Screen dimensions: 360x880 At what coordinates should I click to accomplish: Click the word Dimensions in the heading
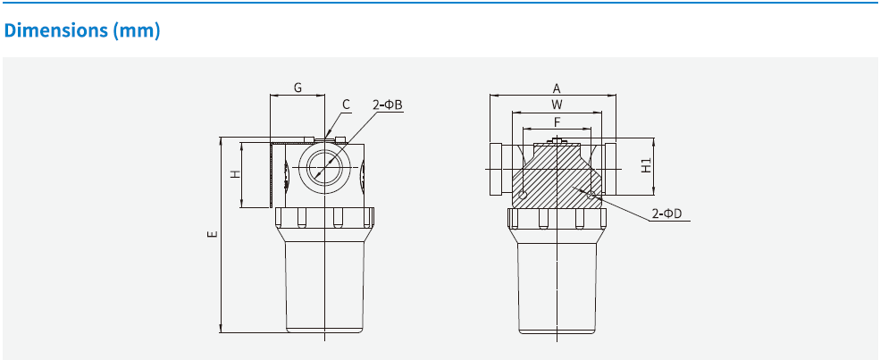pyautogui.click(x=55, y=30)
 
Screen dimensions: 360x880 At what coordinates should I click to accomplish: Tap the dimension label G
pyautogui.click(x=298, y=88)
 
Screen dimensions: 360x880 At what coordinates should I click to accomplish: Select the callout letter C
pyautogui.click(x=346, y=105)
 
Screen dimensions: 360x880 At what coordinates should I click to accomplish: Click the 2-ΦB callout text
pyautogui.click(x=388, y=105)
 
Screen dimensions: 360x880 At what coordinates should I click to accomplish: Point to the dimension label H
pyautogui.click(x=235, y=173)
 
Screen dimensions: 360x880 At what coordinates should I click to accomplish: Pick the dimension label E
pyautogui.click(x=212, y=235)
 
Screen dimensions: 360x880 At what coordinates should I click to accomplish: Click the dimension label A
pyautogui.click(x=556, y=88)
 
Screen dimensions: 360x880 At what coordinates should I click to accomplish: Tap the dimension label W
pyautogui.click(x=556, y=105)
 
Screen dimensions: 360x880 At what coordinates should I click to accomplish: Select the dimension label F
pyautogui.click(x=556, y=121)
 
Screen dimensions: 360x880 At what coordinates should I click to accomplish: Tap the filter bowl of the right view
pyautogui.click(x=557, y=286)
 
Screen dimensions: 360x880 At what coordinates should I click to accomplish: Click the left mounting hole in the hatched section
pyautogui.click(x=523, y=195)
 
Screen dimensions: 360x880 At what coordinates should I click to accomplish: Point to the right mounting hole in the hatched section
pyautogui.click(x=591, y=193)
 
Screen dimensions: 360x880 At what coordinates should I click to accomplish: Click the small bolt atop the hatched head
pyautogui.click(x=557, y=140)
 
